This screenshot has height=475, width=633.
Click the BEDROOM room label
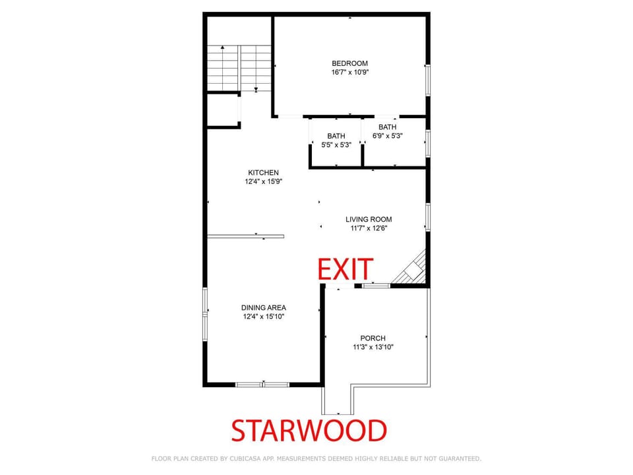[x=349, y=63]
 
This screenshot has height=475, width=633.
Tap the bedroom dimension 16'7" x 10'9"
[x=350, y=73]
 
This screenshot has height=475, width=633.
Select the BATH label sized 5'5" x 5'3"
[x=336, y=136]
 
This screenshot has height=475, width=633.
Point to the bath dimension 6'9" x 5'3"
[x=388, y=136]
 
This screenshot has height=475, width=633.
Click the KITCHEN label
[x=263, y=172]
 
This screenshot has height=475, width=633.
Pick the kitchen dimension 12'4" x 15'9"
[x=263, y=181]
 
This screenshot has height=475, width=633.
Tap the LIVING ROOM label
[x=369, y=219]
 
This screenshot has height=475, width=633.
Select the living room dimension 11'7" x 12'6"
[x=369, y=228]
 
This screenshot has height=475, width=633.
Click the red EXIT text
[x=345, y=269]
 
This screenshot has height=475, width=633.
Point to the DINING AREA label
[x=264, y=308]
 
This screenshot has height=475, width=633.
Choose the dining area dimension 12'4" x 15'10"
[x=264, y=317]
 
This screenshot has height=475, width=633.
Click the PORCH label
[x=373, y=338]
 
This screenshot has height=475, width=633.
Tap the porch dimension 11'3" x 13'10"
[x=373, y=347]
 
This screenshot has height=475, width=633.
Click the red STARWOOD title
[x=309, y=431]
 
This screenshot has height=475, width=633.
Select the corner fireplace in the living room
[x=411, y=269]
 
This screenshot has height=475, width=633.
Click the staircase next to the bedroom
[x=239, y=68]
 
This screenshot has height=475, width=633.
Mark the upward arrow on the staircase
[x=222, y=69]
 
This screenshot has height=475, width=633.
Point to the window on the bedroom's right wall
[x=428, y=80]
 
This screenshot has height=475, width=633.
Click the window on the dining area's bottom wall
[x=262, y=385]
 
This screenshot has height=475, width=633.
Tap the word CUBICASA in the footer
[x=247, y=459]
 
